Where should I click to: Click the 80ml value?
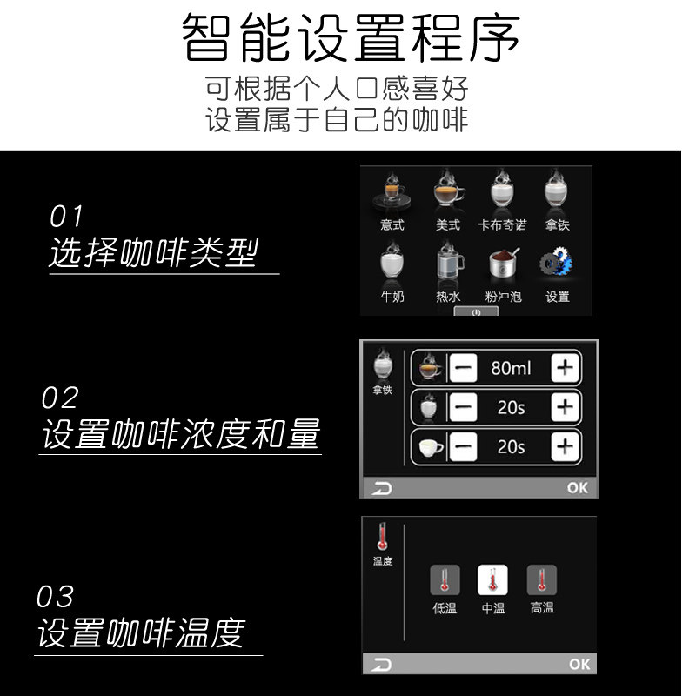point(511,368)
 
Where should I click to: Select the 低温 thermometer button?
point(445,580)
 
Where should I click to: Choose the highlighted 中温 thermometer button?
point(493,580)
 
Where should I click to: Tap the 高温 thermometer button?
point(542,580)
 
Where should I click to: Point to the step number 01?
point(67,217)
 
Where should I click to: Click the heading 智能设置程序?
point(351,39)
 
